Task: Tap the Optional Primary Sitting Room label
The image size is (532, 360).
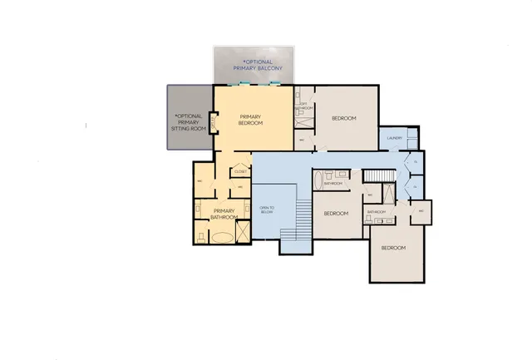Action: pos(188,123)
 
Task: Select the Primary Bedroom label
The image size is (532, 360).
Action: pos(251,120)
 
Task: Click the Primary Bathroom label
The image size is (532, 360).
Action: pos(225,214)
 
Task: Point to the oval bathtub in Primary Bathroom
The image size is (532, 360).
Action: pos(222,237)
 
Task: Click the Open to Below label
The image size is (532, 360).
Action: pos(267,210)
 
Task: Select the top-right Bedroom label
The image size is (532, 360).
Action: pos(344,119)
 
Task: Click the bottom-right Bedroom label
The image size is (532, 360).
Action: pos(393,248)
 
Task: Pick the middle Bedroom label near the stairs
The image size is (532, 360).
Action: pos(335,213)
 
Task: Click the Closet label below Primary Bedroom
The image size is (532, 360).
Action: pos(240,171)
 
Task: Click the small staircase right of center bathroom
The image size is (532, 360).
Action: pos(377,175)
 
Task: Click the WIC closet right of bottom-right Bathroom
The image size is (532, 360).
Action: pos(421,211)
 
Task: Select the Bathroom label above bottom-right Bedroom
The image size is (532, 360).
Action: pos(377,212)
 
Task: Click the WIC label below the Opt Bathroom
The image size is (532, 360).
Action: pos(303,141)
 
